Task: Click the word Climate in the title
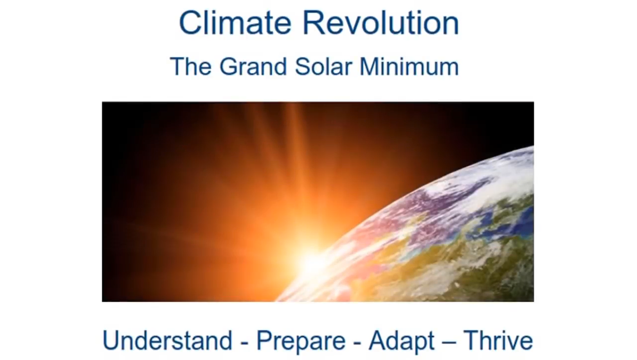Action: [x=235, y=23]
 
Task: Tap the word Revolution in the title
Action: [x=381, y=23]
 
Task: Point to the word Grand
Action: [x=253, y=67]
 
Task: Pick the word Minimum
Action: [x=409, y=67]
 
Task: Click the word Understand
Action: [x=167, y=341]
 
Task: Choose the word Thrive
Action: [x=498, y=341]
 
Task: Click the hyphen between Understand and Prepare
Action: [x=244, y=344]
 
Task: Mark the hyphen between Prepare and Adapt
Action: [x=357, y=344]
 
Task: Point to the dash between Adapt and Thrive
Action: [x=449, y=344]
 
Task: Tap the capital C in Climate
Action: [x=190, y=23]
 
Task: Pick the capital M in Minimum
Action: [x=369, y=67]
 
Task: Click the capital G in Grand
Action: [x=229, y=67]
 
